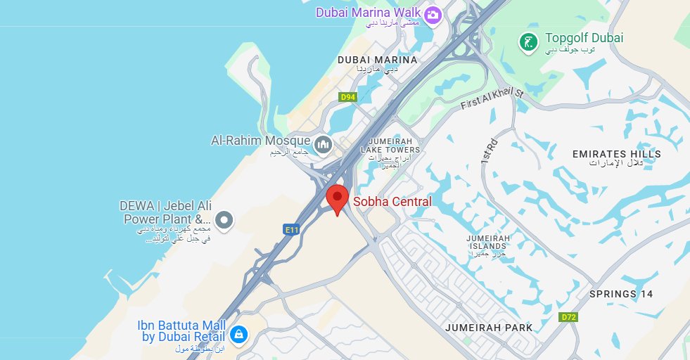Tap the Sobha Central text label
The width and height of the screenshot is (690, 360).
point(392,202)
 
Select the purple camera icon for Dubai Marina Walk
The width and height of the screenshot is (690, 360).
point(433,13)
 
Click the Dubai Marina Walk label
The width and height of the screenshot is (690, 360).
point(368,13)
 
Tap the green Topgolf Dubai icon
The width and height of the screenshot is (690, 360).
point(528,43)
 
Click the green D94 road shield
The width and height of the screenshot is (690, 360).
point(347,97)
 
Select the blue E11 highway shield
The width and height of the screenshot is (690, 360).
point(291,229)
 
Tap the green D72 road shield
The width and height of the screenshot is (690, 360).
point(568,318)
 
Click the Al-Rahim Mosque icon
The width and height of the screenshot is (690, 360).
point(323,144)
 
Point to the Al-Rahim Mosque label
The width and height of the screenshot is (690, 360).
point(260,140)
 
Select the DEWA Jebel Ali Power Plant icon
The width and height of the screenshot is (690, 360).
point(224,219)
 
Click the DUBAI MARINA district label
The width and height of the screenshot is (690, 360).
point(377,60)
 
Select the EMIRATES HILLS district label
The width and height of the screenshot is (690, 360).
point(616,154)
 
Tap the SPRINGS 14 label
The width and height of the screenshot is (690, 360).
point(621,293)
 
